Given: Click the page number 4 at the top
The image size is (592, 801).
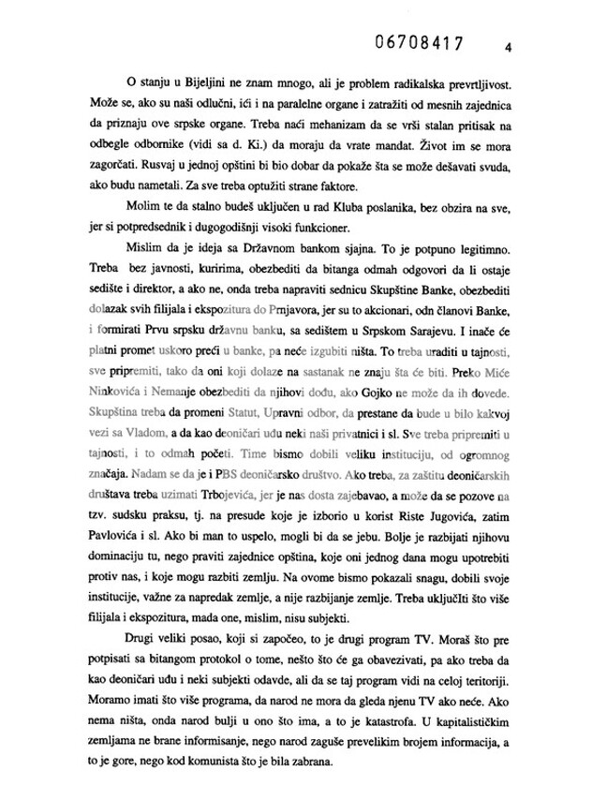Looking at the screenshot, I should [x=506, y=46].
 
